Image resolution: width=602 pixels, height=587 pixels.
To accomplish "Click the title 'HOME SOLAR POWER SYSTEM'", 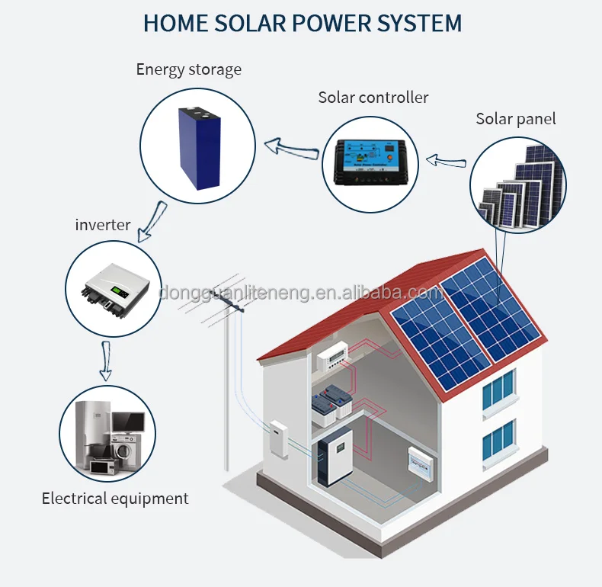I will [302, 23].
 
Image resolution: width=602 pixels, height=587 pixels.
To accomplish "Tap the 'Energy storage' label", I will [188, 69].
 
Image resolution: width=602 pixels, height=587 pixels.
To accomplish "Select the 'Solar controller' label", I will [373, 98].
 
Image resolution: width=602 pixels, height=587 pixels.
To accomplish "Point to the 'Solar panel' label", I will [515, 118].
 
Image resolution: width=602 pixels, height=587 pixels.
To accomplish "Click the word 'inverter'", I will [102, 225].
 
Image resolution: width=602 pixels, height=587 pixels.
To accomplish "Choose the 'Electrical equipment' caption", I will [115, 499].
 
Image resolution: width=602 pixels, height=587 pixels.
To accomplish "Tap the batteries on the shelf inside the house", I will [334, 401].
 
